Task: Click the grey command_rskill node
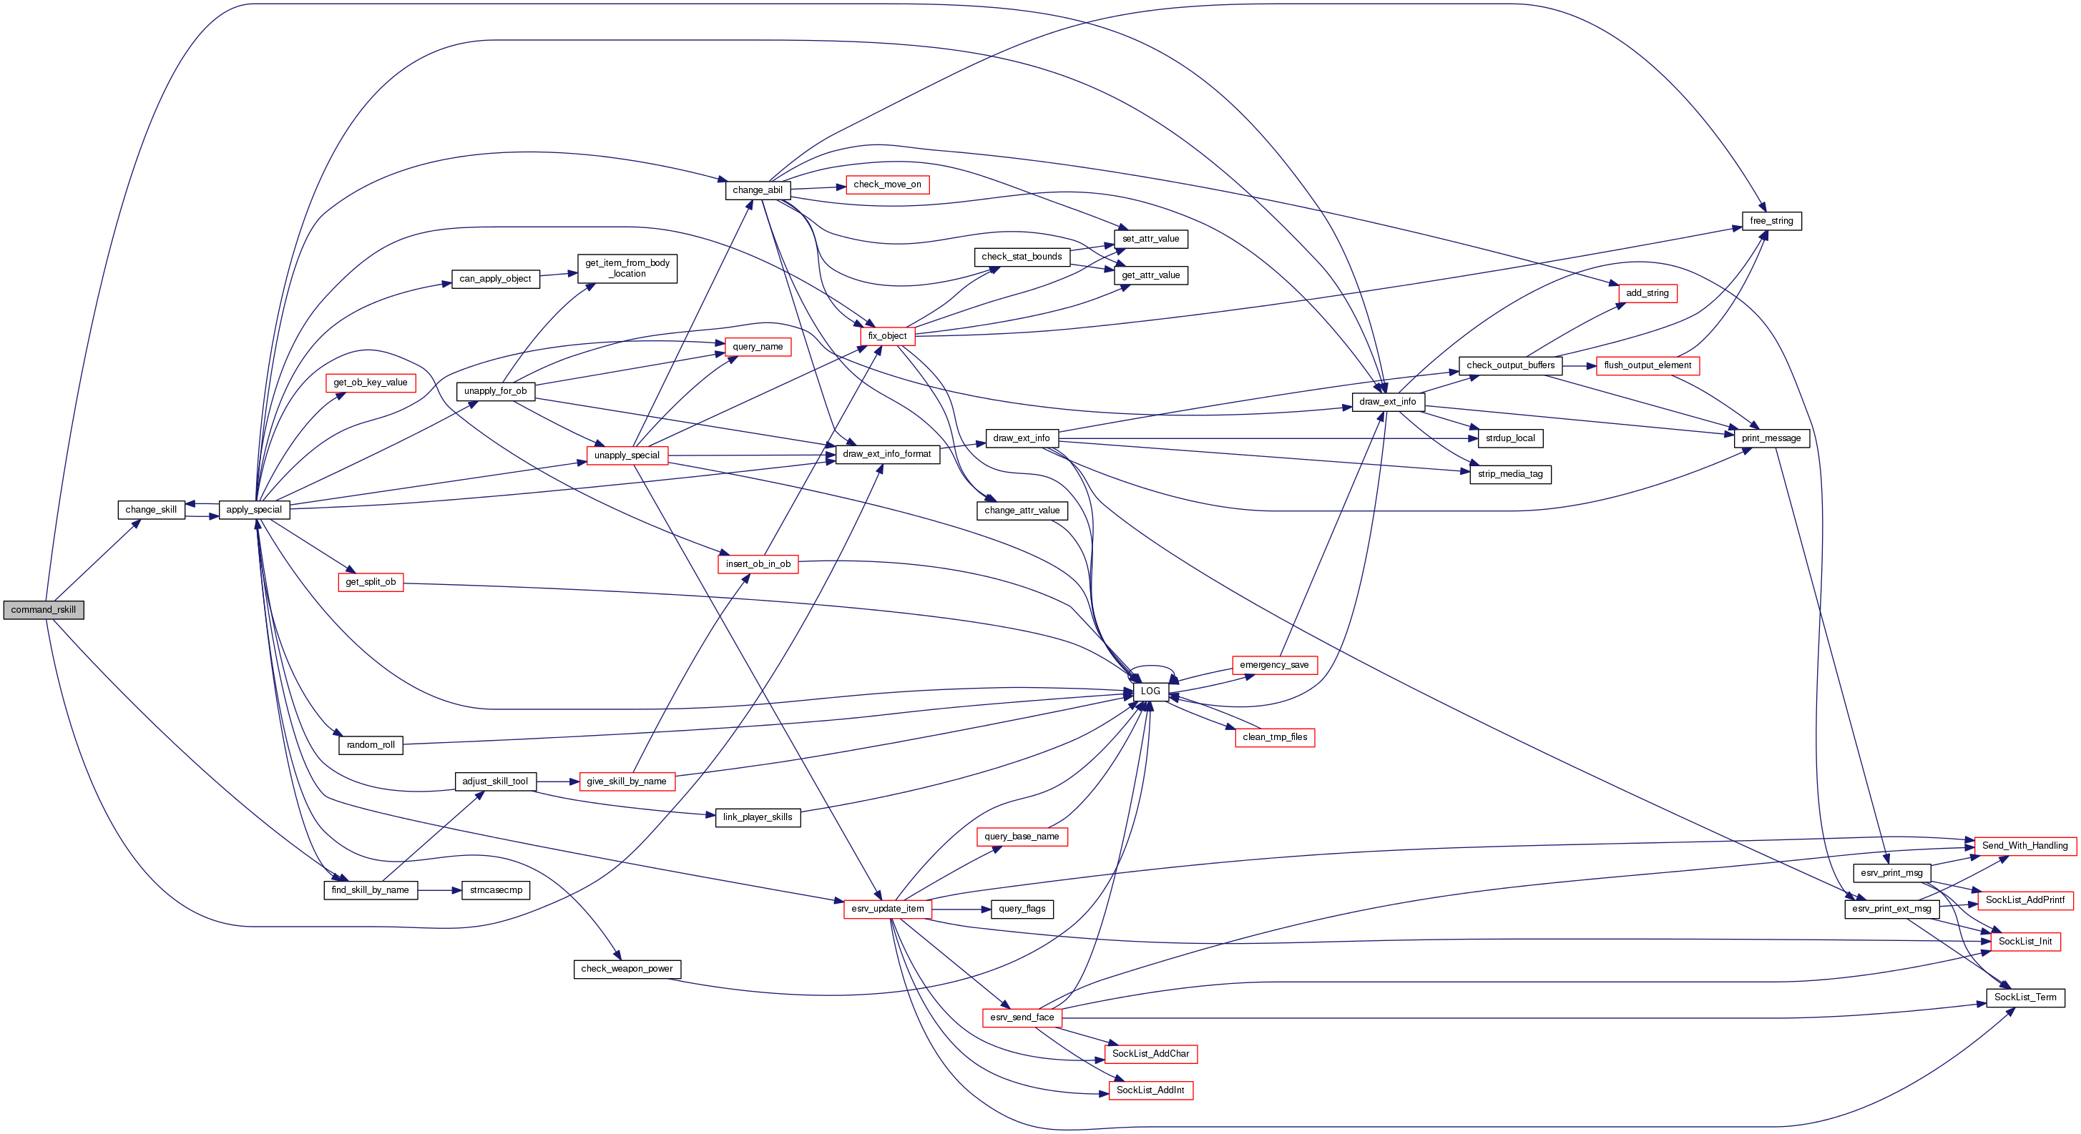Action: point(44,610)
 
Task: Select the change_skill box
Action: point(151,510)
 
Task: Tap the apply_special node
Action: point(254,510)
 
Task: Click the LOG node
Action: point(1150,691)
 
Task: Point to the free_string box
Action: point(1771,220)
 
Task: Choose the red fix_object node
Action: point(887,336)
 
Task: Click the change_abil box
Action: point(757,189)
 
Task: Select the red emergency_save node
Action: point(1274,665)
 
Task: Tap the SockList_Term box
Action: point(2024,997)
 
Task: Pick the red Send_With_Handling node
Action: point(2024,846)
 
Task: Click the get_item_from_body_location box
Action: point(627,268)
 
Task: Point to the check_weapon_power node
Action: point(627,968)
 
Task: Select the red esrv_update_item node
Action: point(887,909)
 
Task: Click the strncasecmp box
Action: point(496,890)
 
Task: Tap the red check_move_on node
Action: point(887,184)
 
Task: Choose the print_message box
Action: point(1771,438)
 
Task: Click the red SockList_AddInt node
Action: point(1150,1090)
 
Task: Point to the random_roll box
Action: point(371,745)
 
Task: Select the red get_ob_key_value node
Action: point(370,382)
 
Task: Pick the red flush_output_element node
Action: point(1647,365)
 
